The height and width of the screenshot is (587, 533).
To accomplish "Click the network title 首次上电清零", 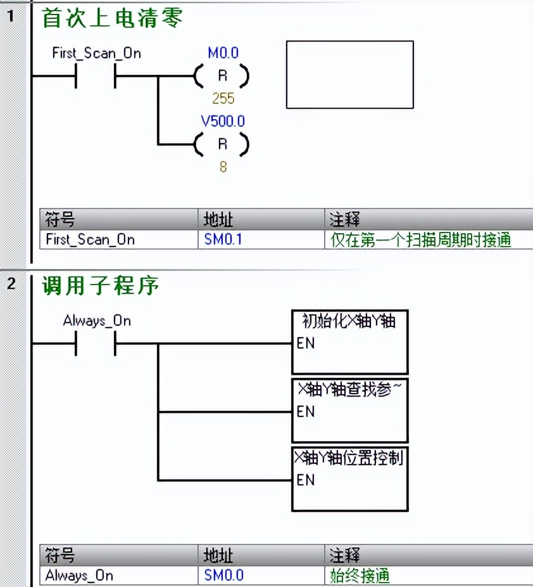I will (x=112, y=18).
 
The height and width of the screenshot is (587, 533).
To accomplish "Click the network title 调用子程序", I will (x=100, y=286).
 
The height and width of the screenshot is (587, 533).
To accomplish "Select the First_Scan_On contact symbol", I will (x=96, y=77).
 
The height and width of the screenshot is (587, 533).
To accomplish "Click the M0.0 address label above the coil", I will (x=223, y=53).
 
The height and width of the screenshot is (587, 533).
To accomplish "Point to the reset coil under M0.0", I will (x=222, y=77).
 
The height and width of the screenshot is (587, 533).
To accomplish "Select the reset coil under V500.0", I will (x=222, y=145).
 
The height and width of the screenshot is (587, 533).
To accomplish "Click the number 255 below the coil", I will (x=223, y=98).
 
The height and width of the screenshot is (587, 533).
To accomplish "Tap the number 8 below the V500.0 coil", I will (x=223, y=167).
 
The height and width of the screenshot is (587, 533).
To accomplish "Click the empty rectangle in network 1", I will (x=349, y=75).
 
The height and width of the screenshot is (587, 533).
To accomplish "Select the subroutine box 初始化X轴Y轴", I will (x=349, y=342).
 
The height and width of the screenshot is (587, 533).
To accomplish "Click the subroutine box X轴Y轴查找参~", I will (x=349, y=411).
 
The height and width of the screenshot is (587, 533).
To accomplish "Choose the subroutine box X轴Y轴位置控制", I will (x=349, y=479).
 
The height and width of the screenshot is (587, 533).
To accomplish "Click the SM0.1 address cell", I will (x=223, y=240).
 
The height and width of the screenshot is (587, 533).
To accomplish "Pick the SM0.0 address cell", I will (x=223, y=575).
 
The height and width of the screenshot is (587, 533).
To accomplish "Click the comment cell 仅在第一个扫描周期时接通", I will (x=420, y=240).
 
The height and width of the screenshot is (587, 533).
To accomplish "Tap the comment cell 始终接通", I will (x=360, y=575).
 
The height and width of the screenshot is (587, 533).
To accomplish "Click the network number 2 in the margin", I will (x=11, y=283).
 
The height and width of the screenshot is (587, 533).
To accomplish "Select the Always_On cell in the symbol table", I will (x=79, y=575).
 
